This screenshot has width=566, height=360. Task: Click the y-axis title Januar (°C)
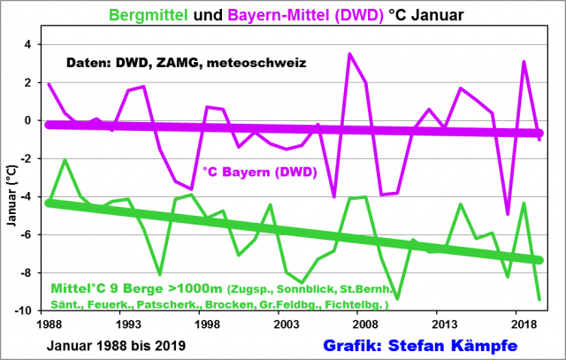11,177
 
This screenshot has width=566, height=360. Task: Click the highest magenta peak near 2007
349,54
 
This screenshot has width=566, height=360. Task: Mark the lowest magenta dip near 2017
508,214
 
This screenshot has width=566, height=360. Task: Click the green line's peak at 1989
65,160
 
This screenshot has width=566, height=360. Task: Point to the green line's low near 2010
397,298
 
